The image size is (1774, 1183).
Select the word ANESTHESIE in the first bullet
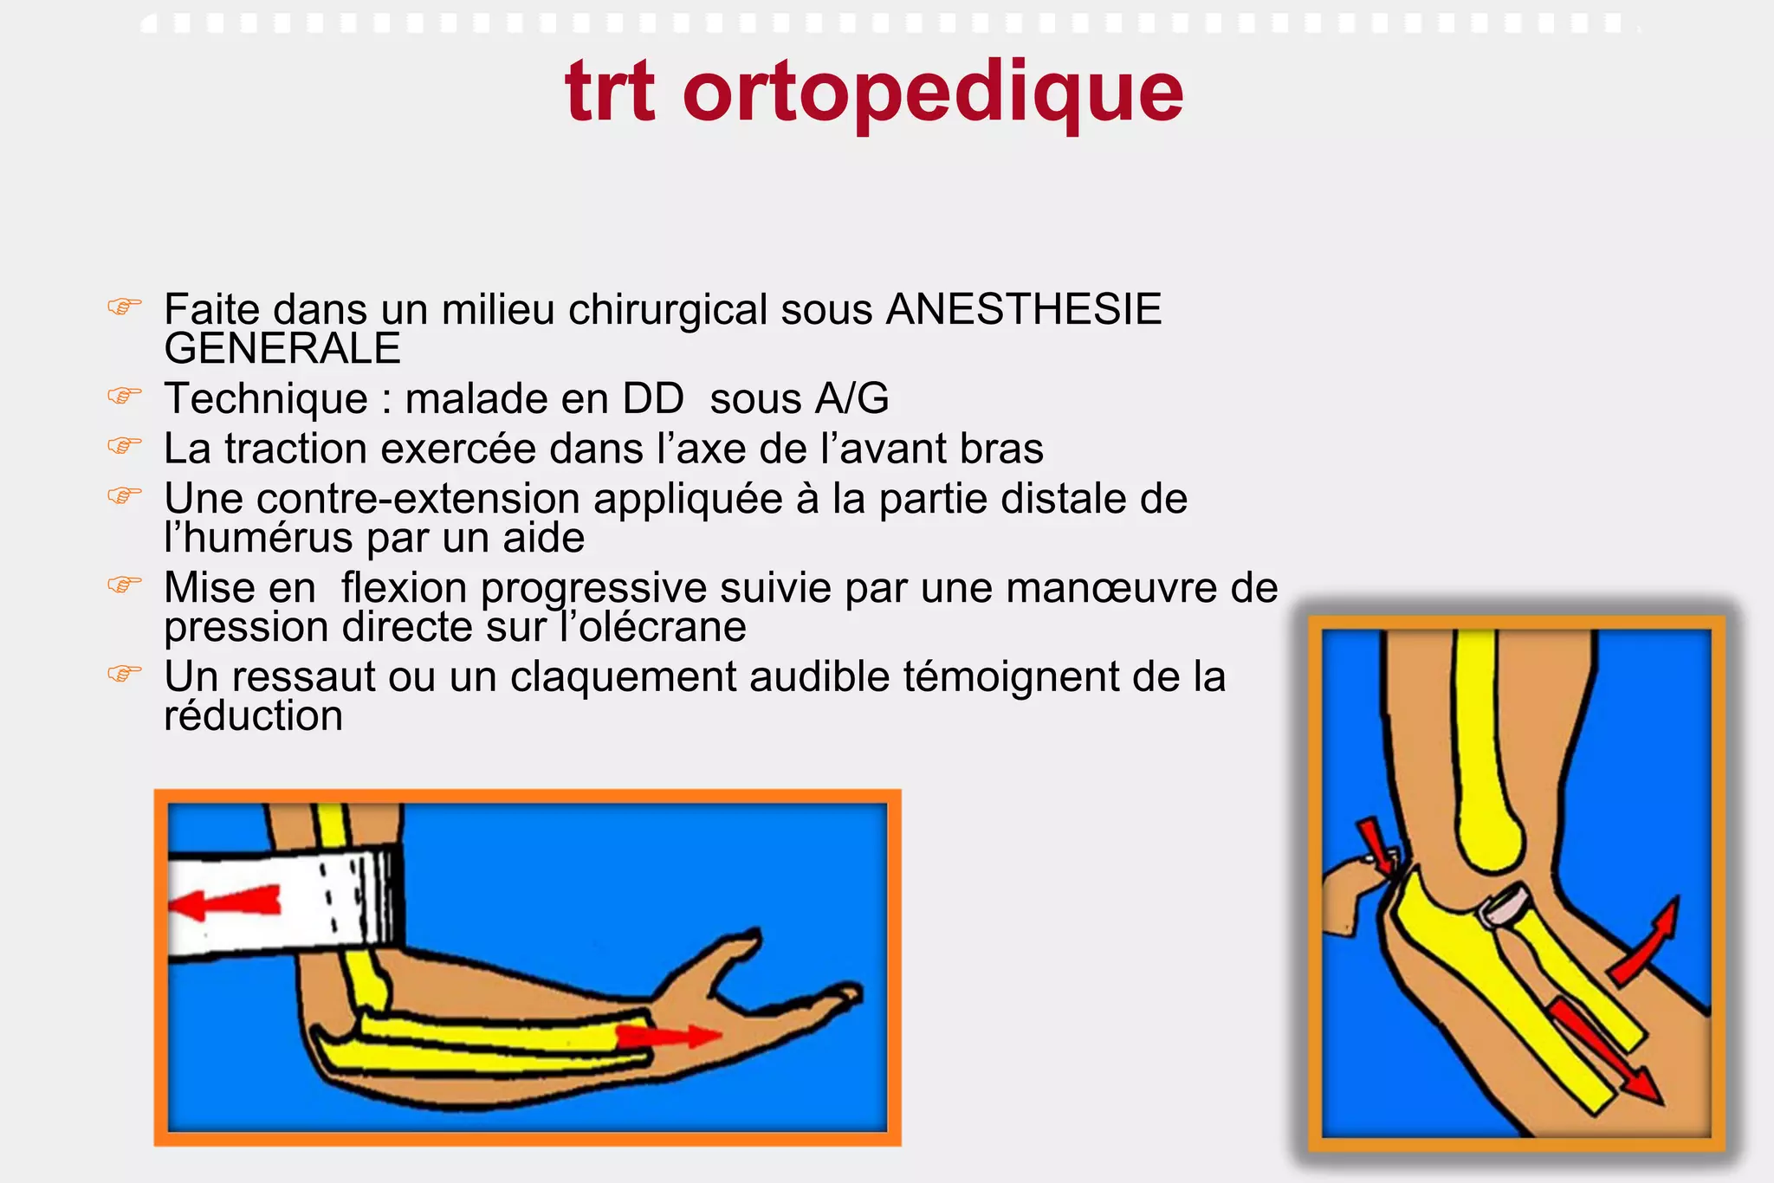tap(1023, 310)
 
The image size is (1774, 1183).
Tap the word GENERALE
tap(282, 349)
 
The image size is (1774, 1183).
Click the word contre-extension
tap(418, 499)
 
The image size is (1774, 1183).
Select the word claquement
tap(623, 677)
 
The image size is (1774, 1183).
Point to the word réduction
tap(253, 716)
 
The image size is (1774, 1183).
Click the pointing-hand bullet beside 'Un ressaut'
tap(124, 673)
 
